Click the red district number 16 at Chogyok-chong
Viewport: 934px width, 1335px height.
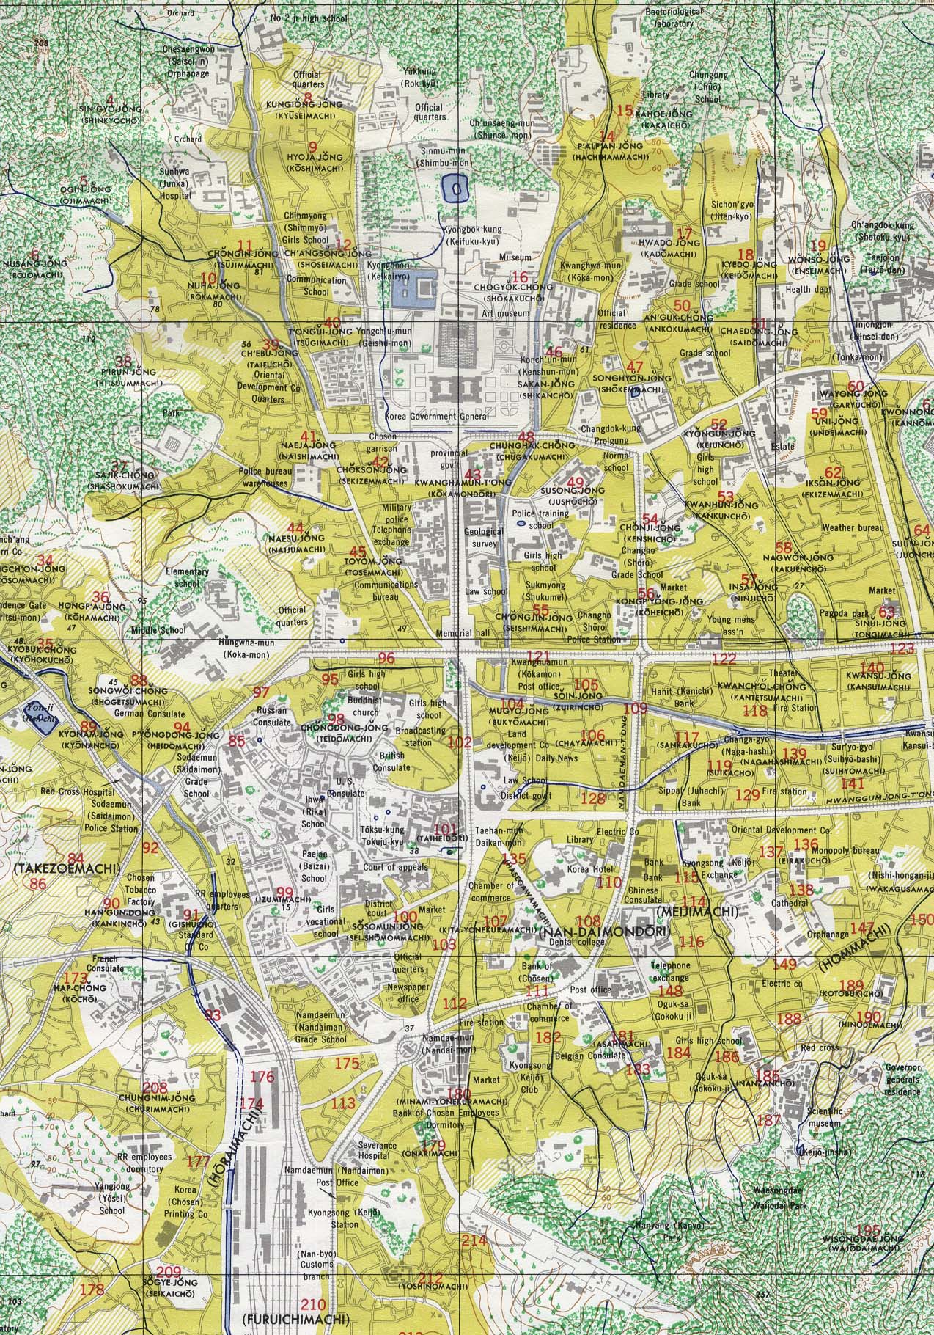click(x=520, y=277)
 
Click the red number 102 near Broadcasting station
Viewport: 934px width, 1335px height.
click(x=460, y=742)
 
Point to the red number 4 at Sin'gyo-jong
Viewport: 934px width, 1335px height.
click(x=111, y=100)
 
